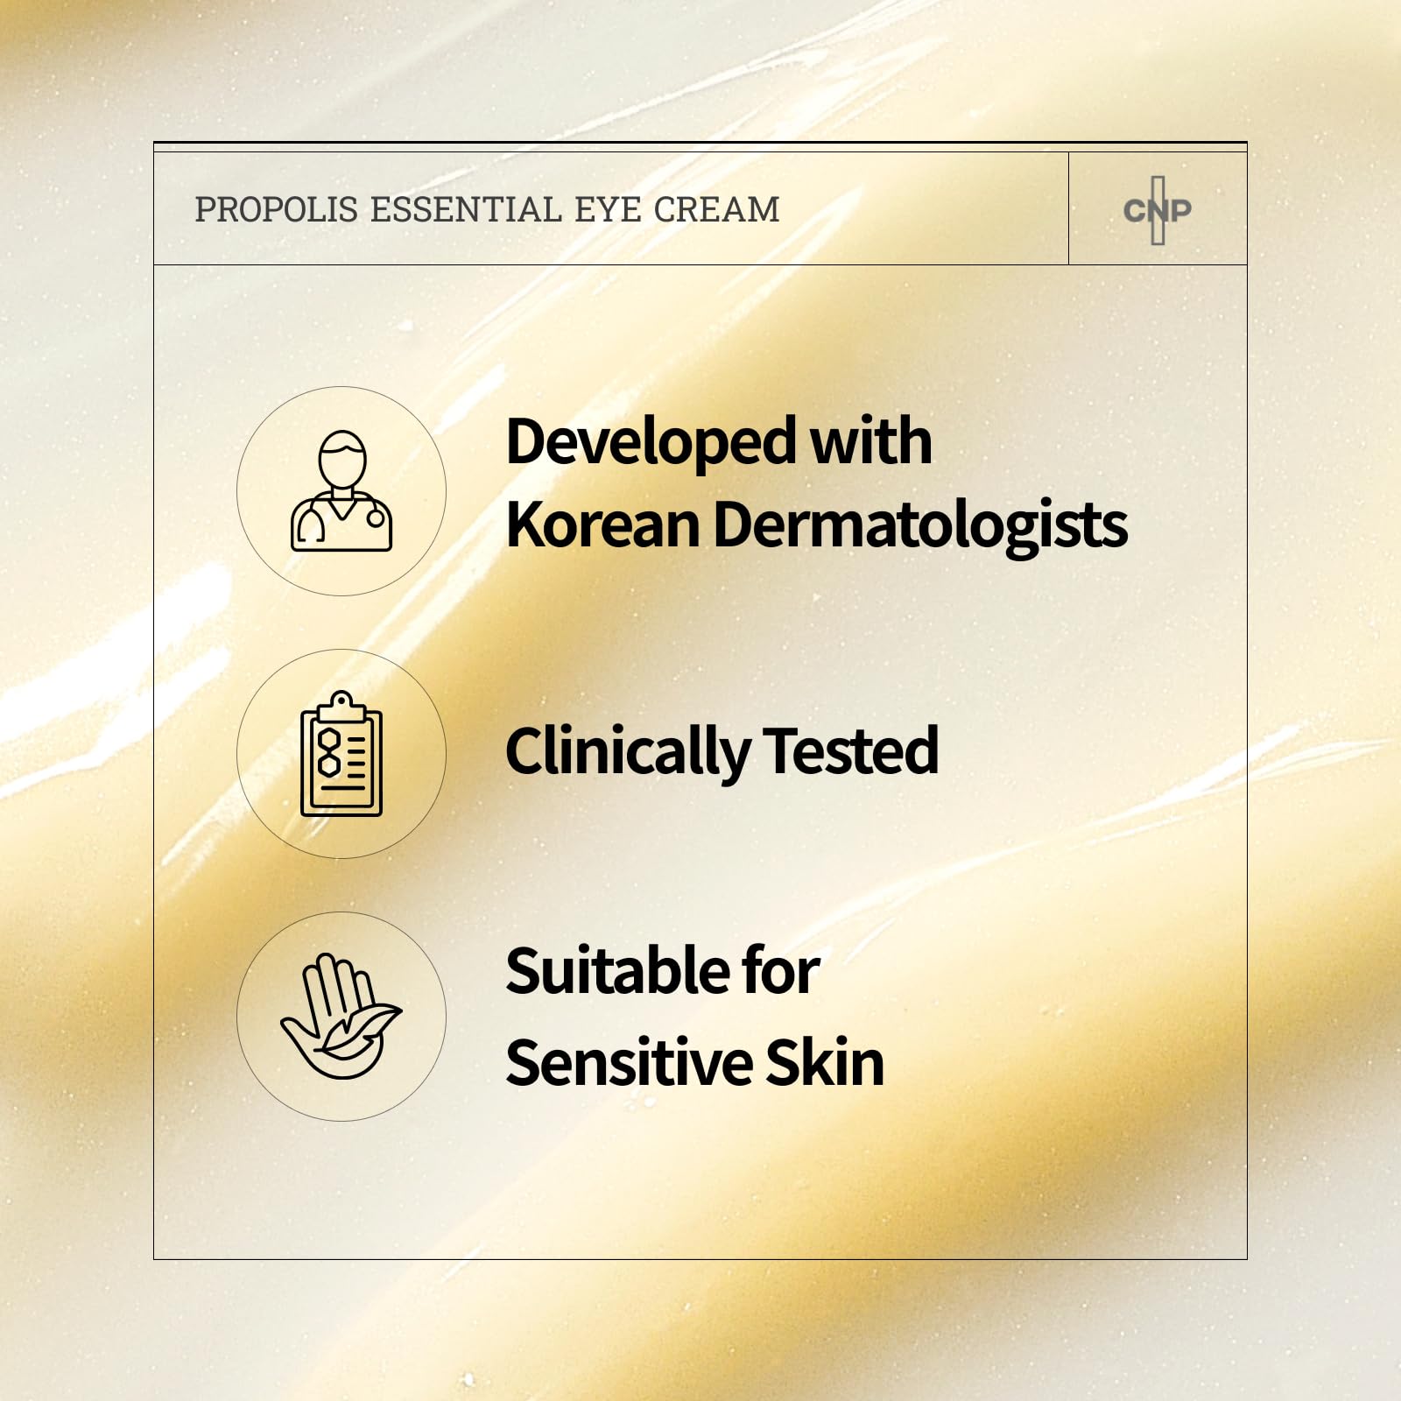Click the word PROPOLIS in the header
coord(276,210)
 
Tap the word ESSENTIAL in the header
coord(465,210)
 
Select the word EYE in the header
coord(607,210)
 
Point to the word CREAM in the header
coord(716,210)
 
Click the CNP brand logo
coord(1158,210)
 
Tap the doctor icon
coord(341,490)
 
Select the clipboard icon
coord(341,754)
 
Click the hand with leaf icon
coord(341,1017)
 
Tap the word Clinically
coord(627,751)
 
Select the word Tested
coord(850,751)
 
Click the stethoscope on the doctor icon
coord(375,517)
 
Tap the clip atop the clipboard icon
coord(341,705)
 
